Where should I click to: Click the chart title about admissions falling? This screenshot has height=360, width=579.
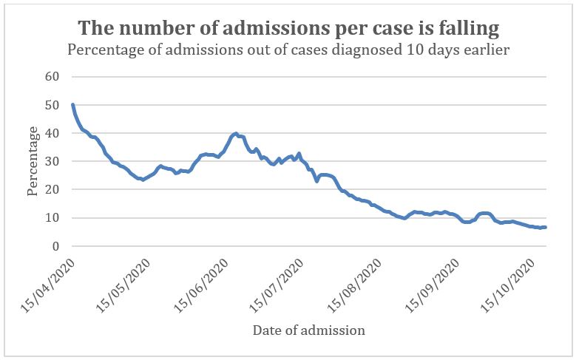[x=288, y=29]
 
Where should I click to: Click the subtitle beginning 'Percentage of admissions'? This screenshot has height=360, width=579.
[x=288, y=51]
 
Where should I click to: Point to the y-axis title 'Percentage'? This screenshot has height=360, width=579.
[x=33, y=161]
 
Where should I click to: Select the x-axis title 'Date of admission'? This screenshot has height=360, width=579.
[x=308, y=330]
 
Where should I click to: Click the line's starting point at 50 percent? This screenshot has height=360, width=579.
[x=72, y=105]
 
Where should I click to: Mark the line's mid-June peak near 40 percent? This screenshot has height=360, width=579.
[x=236, y=134]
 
